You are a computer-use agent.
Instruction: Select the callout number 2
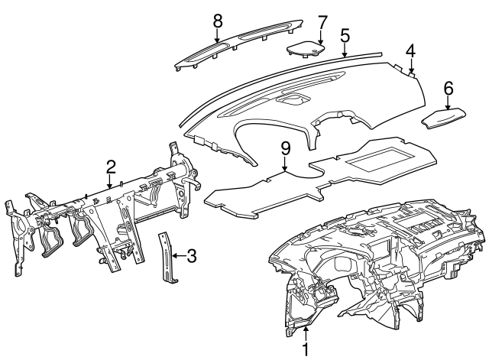111,166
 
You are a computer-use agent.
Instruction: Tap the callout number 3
191,256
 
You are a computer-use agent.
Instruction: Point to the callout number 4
410,51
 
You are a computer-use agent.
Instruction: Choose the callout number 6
448,89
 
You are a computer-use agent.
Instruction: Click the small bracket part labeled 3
167,257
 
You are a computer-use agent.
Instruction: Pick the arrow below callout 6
448,102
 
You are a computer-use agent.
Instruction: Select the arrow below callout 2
111,180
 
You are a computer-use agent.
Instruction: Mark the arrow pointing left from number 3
177,256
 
